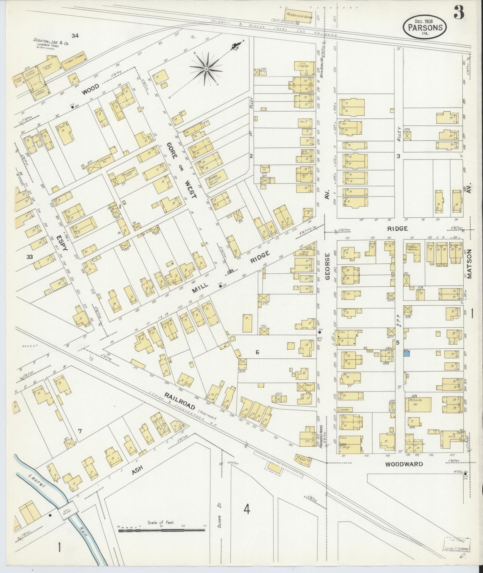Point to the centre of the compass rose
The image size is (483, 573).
click(x=207, y=69)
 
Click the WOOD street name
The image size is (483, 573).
click(x=91, y=88)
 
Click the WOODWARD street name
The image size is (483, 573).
click(x=404, y=464)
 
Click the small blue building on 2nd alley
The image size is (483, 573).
click(x=406, y=353)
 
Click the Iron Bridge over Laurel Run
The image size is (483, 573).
click(x=70, y=513)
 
